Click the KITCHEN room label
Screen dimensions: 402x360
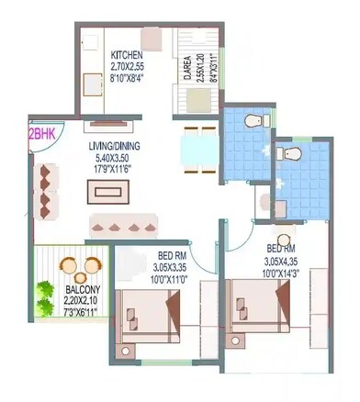[125, 54]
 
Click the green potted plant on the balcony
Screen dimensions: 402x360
[44, 296]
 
